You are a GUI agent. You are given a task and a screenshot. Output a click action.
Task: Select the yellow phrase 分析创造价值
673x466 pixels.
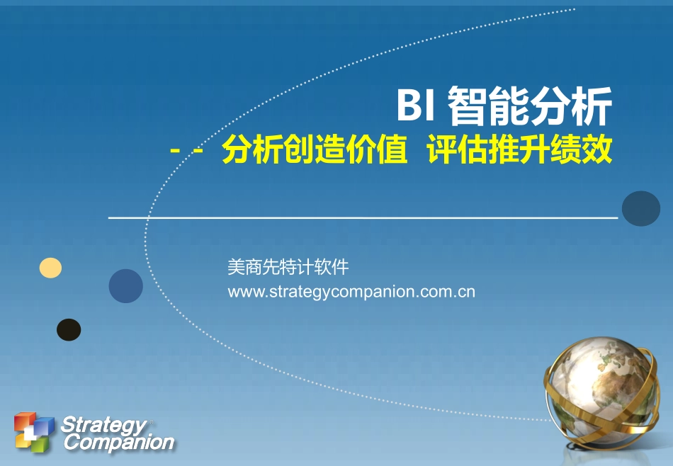[x=315, y=151]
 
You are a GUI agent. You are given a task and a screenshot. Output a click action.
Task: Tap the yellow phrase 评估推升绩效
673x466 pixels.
[x=519, y=151]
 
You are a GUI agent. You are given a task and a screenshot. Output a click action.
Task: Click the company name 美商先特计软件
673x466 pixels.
[x=288, y=268]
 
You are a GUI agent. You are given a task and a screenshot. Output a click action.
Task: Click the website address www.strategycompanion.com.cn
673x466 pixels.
[x=351, y=292]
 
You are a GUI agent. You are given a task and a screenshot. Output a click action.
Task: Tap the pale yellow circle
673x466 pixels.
[x=50, y=268]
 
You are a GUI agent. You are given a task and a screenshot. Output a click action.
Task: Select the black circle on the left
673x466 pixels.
[x=69, y=330]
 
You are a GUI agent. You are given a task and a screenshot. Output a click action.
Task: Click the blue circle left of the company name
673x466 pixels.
[x=125, y=286]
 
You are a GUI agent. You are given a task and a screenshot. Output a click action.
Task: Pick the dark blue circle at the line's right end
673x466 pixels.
[x=640, y=208]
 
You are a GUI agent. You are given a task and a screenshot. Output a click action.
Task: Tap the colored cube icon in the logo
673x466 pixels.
[x=33, y=431]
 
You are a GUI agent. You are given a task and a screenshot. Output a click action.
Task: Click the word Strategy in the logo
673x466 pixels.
[x=102, y=425]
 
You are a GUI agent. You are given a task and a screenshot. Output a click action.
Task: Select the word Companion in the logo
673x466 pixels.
[x=118, y=443]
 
